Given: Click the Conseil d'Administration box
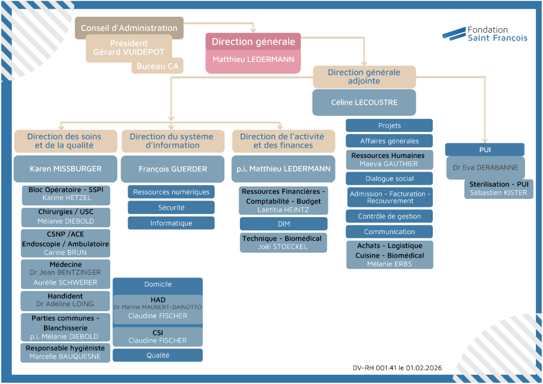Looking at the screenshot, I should (129, 28).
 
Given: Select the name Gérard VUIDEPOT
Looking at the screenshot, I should (129, 53).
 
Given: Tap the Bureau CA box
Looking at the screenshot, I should (157, 67).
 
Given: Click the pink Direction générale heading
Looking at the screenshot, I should (253, 42).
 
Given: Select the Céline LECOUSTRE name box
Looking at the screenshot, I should (364, 103).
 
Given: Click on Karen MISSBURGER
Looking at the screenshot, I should (65, 169).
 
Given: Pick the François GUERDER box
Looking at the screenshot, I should (173, 169).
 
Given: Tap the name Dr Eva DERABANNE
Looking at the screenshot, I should (485, 168).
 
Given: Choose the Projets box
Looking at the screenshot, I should (389, 125).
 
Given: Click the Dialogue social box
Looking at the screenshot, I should (389, 179).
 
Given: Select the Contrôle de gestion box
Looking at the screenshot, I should (389, 216).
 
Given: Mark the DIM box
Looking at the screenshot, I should (283, 224).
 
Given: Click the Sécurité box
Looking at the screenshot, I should (171, 207).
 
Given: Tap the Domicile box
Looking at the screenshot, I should (157, 284).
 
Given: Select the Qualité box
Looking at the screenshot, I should (157, 355).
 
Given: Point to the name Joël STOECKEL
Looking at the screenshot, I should (283, 247).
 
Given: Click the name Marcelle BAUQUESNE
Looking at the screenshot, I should (65, 357).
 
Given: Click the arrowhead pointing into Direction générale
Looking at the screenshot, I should (253, 30).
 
